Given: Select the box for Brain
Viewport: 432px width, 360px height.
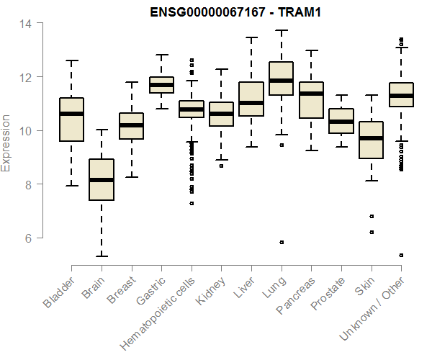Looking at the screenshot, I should [102, 180].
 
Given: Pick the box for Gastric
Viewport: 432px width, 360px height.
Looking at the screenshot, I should [161, 85].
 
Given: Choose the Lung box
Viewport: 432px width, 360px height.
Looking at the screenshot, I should [281, 78].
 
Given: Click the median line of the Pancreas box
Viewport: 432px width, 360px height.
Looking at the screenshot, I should [311, 94].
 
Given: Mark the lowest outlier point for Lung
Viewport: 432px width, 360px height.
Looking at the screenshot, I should [282, 242].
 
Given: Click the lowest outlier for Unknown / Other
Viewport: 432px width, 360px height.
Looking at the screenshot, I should [401, 255].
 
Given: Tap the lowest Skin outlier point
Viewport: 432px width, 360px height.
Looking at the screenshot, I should [372, 232].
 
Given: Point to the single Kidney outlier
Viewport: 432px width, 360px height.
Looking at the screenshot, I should [221, 166].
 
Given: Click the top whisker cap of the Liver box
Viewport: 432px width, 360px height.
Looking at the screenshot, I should [251, 38].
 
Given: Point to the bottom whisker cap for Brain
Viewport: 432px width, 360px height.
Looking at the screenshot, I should [102, 256].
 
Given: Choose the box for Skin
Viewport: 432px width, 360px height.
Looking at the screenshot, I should [372, 140].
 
